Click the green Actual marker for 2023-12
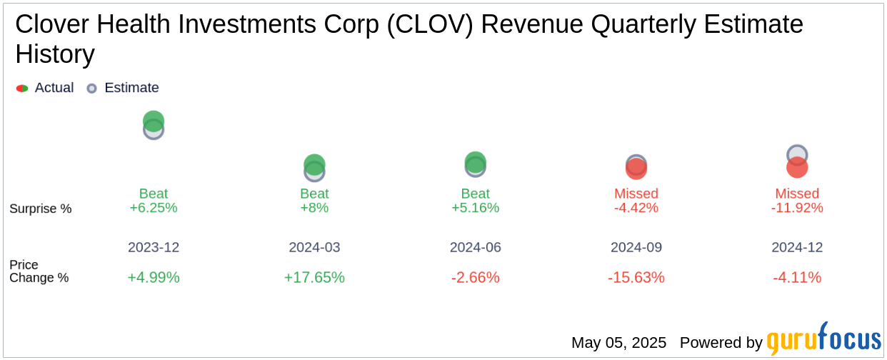(154, 120)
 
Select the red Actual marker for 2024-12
(797, 168)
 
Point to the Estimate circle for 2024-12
(797, 154)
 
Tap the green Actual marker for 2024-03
(314, 164)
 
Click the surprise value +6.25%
(154, 208)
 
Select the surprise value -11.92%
(797, 208)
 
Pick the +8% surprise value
(314, 208)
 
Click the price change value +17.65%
(314, 277)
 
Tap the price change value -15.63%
(636, 277)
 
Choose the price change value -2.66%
(475, 277)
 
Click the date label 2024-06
(475, 247)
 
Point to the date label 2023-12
(154, 247)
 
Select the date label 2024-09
(636, 247)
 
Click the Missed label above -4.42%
(636, 194)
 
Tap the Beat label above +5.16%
(475, 194)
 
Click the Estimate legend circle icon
(91, 89)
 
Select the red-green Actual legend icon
(22, 89)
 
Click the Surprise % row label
(41, 209)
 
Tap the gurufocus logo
(823, 340)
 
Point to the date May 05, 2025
(618, 343)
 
